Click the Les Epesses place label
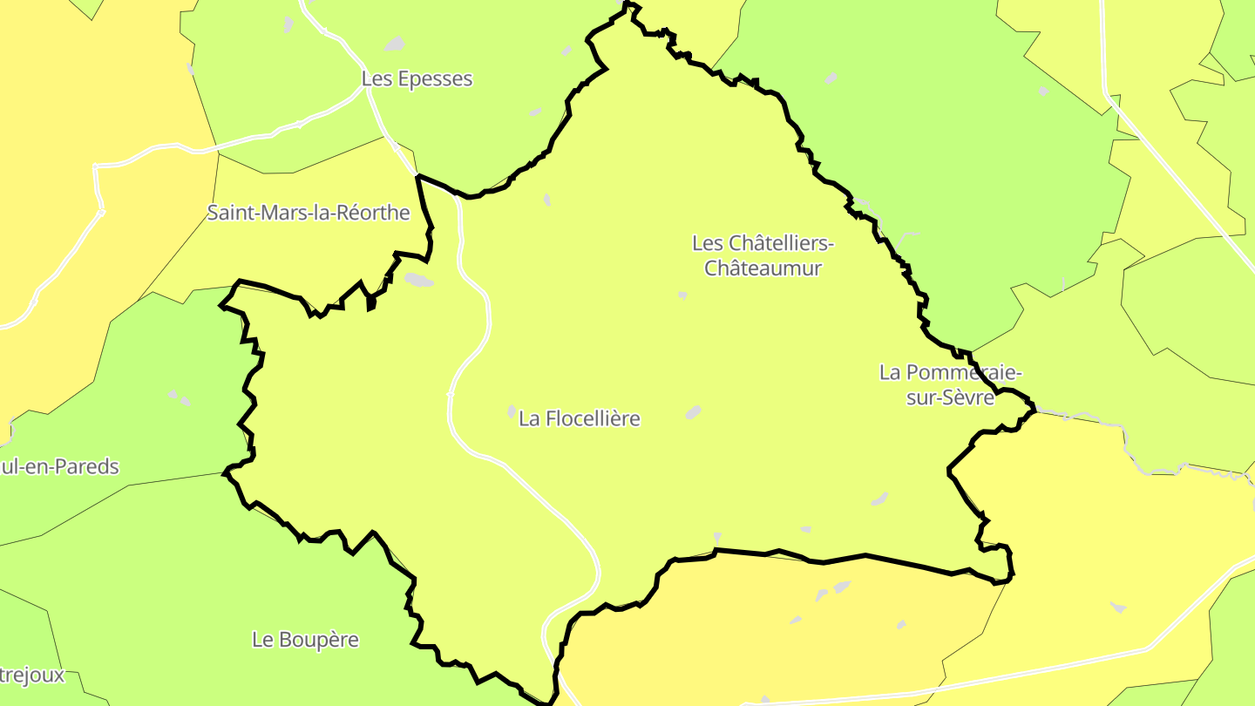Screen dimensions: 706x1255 coord(417,78)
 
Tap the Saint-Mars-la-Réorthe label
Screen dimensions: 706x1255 coord(309,213)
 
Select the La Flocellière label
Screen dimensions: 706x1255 coord(580,418)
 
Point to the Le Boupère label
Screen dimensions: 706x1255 coord(305,640)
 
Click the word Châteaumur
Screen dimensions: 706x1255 coord(763,268)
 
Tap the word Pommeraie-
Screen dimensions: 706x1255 coord(962,372)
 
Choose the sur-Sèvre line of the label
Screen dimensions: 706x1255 coord(950,397)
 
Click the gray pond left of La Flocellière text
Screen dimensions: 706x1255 coord(512,411)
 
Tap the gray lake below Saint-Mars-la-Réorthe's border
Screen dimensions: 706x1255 coord(418,280)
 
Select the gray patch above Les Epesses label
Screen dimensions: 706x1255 coord(395,44)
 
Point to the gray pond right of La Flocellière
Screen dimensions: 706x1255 coord(693,412)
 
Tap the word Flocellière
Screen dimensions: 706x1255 coord(592,418)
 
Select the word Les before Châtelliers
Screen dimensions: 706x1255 coord(707,242)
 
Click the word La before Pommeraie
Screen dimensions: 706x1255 coord(889,372)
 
